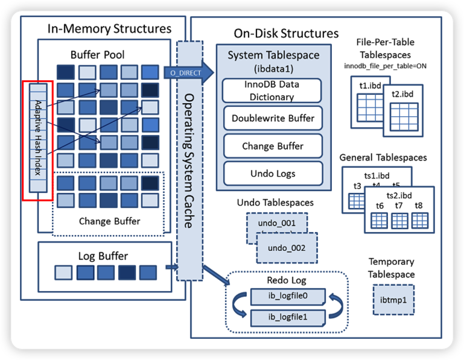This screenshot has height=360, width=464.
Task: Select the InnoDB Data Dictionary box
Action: click(272, 90)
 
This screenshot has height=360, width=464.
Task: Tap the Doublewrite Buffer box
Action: click(272, 118)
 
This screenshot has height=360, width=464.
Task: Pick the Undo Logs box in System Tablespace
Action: click(272, 174)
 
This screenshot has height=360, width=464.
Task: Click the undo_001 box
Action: click(276, 224)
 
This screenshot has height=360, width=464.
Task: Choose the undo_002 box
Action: click(287, 248)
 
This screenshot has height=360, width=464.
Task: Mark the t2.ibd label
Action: click(402, 94)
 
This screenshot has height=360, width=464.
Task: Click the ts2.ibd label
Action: click(399, 196)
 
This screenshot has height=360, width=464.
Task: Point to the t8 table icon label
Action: click(419, 206)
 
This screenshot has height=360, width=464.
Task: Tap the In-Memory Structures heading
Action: click(109, 29)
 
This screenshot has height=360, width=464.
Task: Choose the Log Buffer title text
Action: click(103, 256)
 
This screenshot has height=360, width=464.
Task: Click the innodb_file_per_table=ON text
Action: click(386, 66)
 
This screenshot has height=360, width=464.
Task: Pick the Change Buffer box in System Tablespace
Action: click(272, 146)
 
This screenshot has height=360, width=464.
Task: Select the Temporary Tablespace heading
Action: click(392, 268)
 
